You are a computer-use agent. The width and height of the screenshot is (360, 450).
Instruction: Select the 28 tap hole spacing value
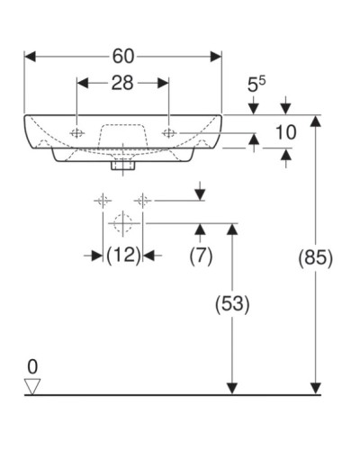tap(122, 84)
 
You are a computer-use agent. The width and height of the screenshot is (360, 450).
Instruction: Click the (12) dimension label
tap(123, 256)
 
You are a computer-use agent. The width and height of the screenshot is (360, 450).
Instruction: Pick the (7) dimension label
tap(200, 256)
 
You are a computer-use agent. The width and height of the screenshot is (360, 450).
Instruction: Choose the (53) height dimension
tap(233, 303)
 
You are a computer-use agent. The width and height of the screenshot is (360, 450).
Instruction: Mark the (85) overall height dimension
tap(315, 257)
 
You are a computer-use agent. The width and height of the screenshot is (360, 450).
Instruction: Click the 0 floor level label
tap(33, 366)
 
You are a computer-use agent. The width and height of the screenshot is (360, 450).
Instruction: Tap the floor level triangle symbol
tap(33, 386)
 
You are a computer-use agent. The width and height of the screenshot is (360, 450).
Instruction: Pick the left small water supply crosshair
tap(103, 200)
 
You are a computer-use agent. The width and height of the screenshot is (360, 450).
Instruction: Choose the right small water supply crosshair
tap(142, 200)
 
